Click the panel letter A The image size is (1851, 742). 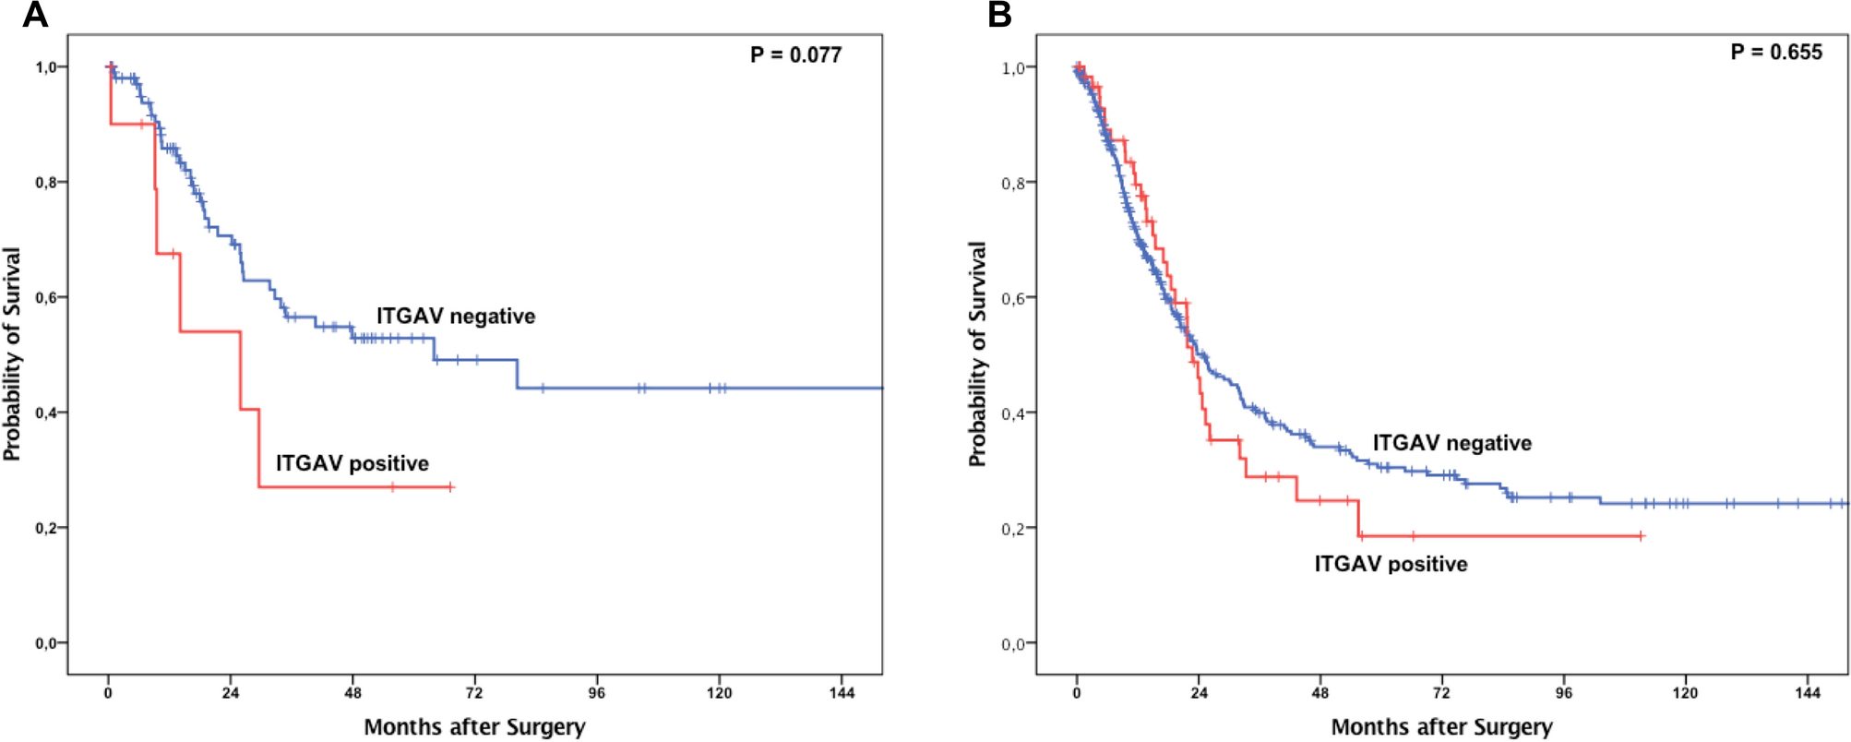pyautogui.click(x=34, y=15)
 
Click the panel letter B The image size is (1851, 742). pyautogui.click(x=999, y=15)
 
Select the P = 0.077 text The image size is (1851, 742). pyautogui.click(x=795, y=55)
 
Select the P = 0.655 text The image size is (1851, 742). pyautogui.click(x=1775, y=53)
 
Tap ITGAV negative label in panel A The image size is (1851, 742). pyautogui.click(x=455, y=317)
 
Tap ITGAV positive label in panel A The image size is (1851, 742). pyautogui.click(x=352, y=463)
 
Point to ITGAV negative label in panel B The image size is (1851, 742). pyautogui.click(x=1451, y=443)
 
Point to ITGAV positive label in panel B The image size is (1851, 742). pyautogui.click(x=1391, y=564)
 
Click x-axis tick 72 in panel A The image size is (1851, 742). pyautogui.click(x=474, y=693)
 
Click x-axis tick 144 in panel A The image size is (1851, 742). pyautogui.click(x=842, y=693)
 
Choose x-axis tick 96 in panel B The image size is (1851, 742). pyautogui.click(x=1563, y=693)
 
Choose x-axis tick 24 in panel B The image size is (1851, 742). pyautogui.click(x=1199, y=693)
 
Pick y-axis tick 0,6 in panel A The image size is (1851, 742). pyautogui.click(x=50, y=297)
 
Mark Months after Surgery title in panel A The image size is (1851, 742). pyautogui.click(x=474, y=727)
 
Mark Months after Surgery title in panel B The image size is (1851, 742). pyautogui.click(x=1441, y=727)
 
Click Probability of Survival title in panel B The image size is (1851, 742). pyautogui.click(x=977, y=354)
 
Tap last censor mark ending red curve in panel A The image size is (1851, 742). pyautogui.click(x=450, y=486)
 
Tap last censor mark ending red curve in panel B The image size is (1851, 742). pyautogui.click(x=1641, y=536)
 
